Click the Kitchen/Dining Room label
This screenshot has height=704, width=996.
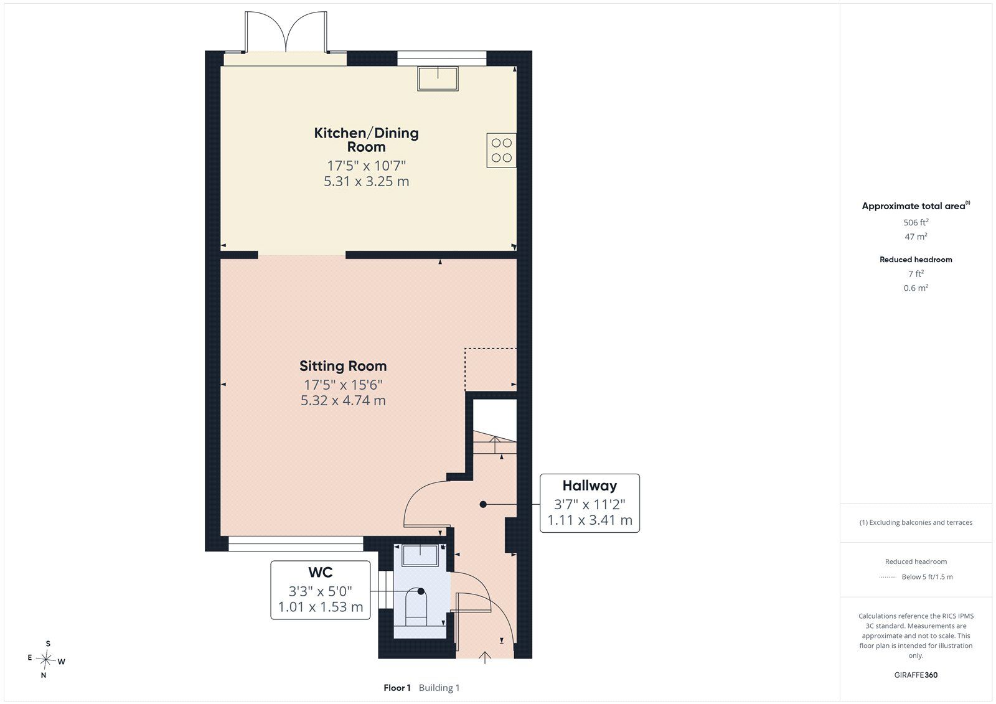coord(367,139)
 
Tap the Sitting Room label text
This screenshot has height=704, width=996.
coord(343,366)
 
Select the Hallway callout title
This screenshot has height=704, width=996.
coord(590,486)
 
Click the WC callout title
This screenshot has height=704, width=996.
coord(320,573)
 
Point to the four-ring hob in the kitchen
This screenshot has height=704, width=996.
coord(501,150)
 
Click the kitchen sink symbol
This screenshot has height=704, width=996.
coord(438,78)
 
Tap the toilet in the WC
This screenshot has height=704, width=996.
coord(416,607)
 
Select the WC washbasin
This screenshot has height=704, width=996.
coord(420,555)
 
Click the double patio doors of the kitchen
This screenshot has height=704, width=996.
coord(286,32)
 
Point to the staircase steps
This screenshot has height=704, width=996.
coord(494,443)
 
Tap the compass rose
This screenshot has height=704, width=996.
coord(46,660)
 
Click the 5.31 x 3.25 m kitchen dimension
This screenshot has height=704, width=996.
coord(367,182)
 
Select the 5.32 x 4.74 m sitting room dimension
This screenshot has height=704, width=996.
coord(343,401)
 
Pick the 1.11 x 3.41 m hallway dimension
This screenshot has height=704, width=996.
coord(590,520)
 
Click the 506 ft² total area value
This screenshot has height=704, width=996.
coord(916,222)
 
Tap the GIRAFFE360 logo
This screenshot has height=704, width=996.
coord(916,675)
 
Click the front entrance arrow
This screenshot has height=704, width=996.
coord(485,657)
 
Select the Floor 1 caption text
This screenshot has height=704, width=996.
coord(397,688)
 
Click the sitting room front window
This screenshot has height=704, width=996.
coord(296,543)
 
